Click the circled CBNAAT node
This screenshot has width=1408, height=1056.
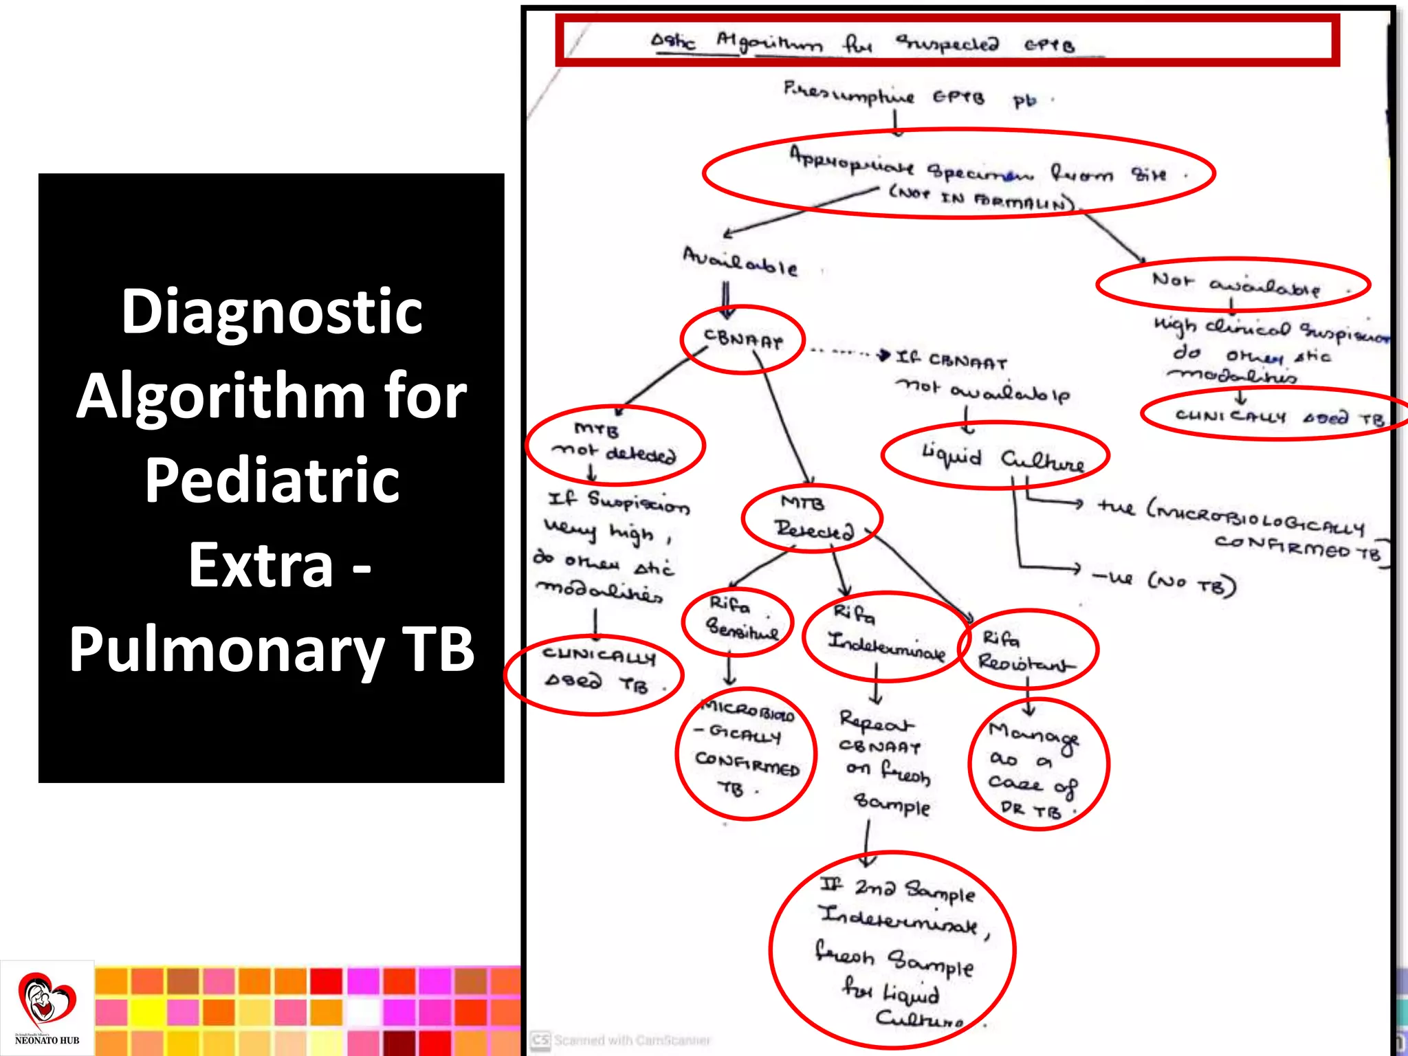(742, 340)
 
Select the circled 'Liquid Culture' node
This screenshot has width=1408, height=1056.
(995, 456)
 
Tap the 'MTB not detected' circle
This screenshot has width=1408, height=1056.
(615, 443)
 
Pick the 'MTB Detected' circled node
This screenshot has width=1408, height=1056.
(811, 518)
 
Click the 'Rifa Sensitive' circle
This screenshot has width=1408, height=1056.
(738, 620)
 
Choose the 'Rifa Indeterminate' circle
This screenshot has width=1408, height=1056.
(886, 637)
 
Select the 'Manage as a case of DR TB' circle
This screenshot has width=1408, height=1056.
(1038, 764)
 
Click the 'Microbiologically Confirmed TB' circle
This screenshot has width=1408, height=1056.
(747, 752)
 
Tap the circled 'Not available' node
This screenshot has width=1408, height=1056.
(1233, 283)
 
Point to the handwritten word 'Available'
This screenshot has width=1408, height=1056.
(740, 261)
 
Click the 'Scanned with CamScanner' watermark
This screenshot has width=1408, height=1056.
(622, 1040)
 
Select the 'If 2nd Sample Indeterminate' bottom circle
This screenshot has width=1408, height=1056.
(892, 951)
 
